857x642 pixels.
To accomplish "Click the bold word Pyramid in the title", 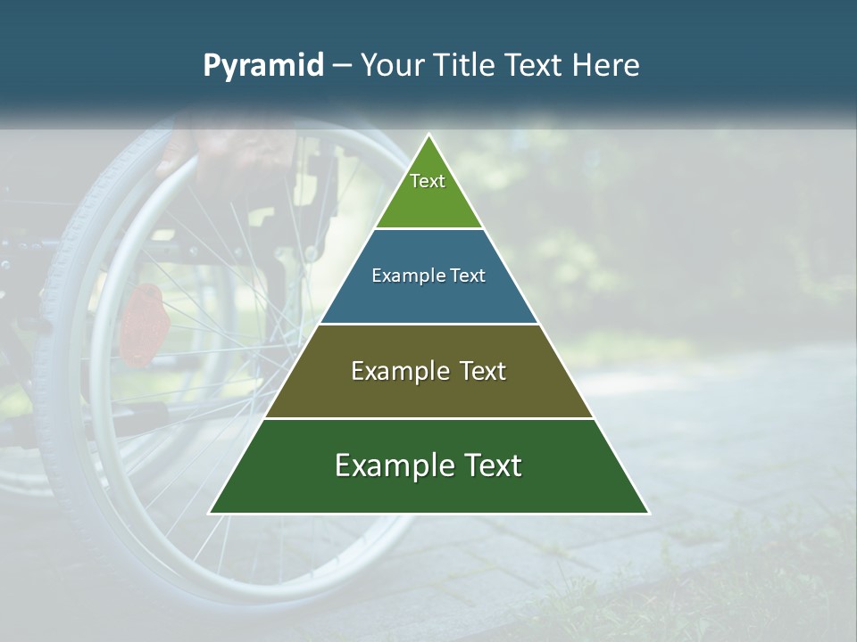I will click(x=263, y=66).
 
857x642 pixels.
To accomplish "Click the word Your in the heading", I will click(x=390, y=66).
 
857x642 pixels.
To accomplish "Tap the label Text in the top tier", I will click(x=428, y=181).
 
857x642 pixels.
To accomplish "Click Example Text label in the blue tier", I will click(x=428, y=276).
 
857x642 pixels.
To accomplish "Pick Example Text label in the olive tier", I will click(x=428, y=371).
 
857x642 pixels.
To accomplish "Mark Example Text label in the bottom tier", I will click(x=428, y=465).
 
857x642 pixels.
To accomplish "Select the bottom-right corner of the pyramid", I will click(x=648, y=513).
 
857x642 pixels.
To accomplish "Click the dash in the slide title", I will click(x=342, y=66).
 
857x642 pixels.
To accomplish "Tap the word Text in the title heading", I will click(x=536, y=66).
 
